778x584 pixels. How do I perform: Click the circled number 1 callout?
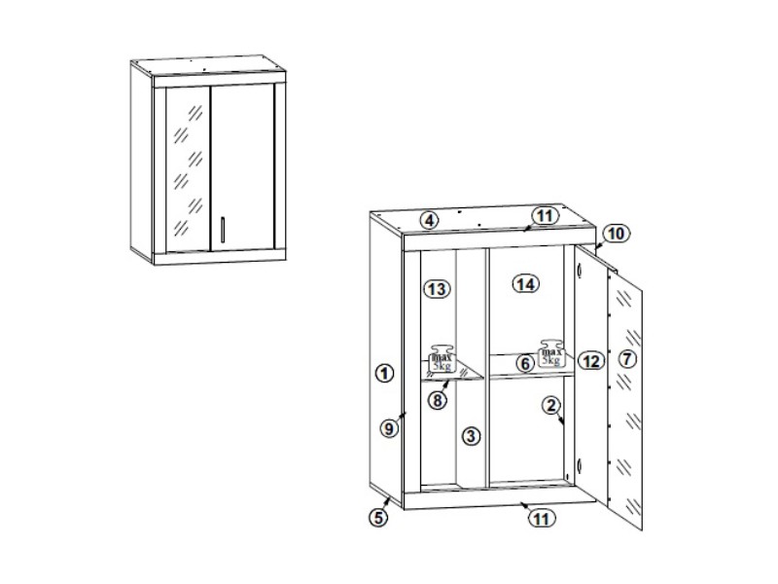tap(384, 373)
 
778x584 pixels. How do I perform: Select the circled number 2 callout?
tap(550, 406)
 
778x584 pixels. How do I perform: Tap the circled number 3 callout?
tap(471, 436)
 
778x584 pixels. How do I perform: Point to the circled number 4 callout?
tap(430, 220)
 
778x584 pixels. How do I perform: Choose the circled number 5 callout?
tap(378, 518)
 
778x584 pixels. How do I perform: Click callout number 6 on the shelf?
tap(525, 363)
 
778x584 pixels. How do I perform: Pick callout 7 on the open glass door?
tap(627, 358)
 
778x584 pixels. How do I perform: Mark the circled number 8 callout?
tap(437, 400)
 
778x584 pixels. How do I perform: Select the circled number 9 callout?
tap(390, 428)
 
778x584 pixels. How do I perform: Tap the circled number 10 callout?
tap(617, 233)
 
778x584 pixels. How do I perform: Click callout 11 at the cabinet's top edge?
tap(545, 216)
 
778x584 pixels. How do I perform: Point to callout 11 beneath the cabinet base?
tap(542, 519)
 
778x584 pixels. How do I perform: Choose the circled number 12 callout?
tap(591, 361)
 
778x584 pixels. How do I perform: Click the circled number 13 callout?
tap(437, 288)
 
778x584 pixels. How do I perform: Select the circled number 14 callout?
tap(525, 284)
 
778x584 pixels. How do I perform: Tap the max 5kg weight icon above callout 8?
tap(442, 358)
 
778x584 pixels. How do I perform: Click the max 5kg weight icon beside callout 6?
tap(551, 353)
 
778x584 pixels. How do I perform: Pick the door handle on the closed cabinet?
tap(223, 230)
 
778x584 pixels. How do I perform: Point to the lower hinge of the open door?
tap(580, 465)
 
